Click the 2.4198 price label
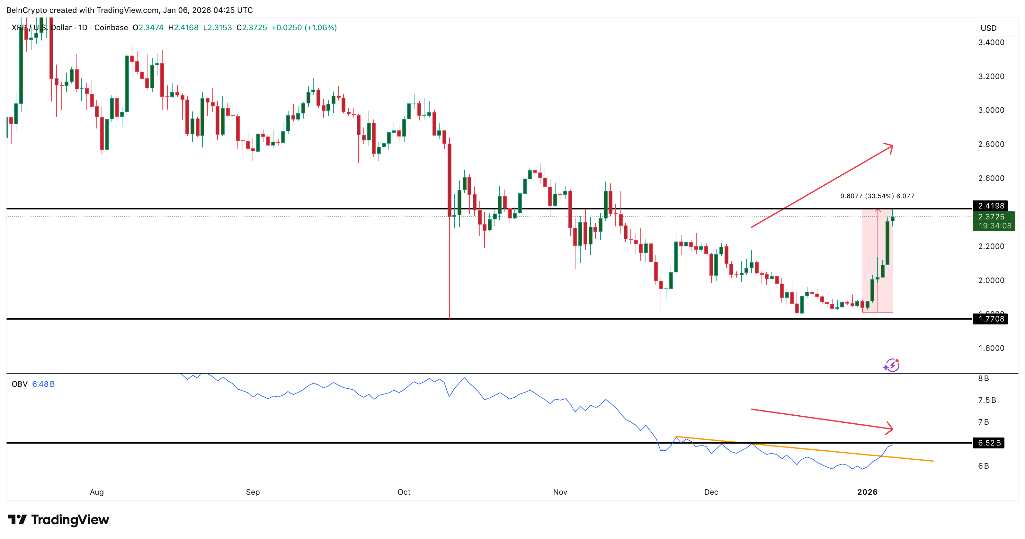991,206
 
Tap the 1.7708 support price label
991,319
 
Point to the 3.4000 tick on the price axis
991,42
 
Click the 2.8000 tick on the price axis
991,144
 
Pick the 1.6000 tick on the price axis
991,348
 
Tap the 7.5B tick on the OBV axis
987,400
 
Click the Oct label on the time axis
404,492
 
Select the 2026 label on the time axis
867,492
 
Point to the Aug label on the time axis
97,492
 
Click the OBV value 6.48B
43,384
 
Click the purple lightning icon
891,365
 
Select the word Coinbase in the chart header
111,27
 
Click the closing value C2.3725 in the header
252,27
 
